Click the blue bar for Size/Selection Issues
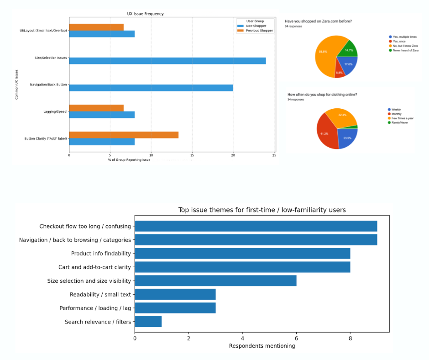click(x=167, y=61)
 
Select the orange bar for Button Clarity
click(x=124, y=135)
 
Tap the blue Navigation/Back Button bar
click(x=151, y=88)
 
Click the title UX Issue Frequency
click(x=146, y=14)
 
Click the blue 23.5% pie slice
click(x=347, y=137)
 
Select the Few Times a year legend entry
click(x=402, y=118)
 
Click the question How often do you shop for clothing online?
click(x=322, y=95)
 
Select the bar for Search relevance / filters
click(x=148, y=322)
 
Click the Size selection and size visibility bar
click(x=215, y=281)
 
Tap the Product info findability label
click(x=101, y=254)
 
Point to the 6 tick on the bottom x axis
click(x=296, y=339)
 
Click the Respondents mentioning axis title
click(x=262, y=346)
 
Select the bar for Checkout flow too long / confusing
click(x=256, y=226)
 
